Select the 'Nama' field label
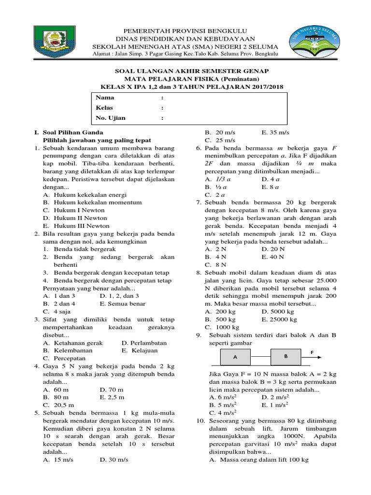(105, 98)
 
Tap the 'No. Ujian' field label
(111, 118)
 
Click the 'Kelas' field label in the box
(105, 108)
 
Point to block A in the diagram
(235, 358)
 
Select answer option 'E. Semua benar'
(122, 304)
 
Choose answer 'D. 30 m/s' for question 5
(114, 460)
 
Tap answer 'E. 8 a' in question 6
(271, 187)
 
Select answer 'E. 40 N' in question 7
(273, 257)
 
